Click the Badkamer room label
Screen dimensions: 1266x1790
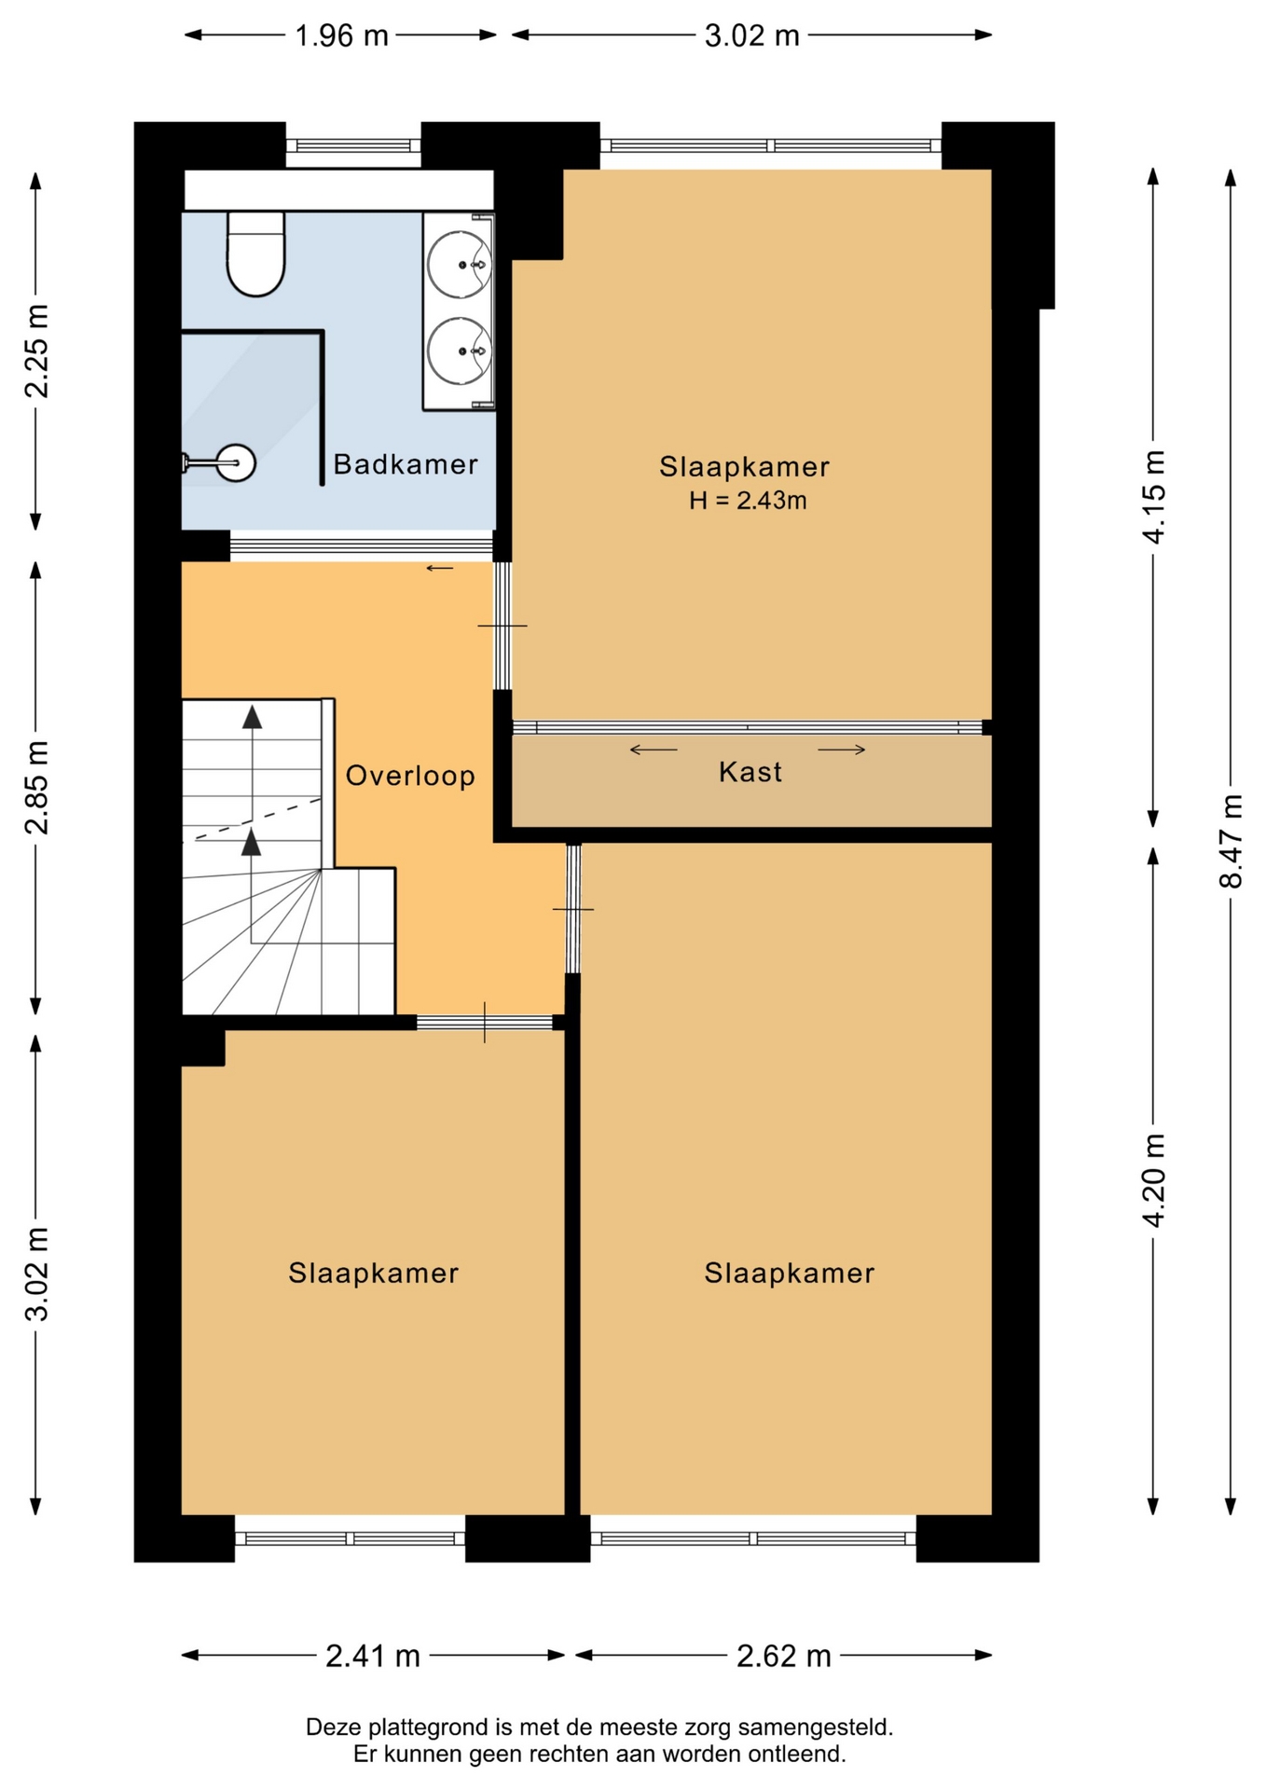pyautogui.click(x=406, y=463)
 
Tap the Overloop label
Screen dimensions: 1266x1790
pyautogui.click(x=410, y=776)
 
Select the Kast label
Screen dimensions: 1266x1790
pyautogui.click(x=750, y=772)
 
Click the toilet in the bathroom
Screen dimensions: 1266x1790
pyautogui.click(x=255, y=254)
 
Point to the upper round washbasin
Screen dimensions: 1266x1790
pyautogui.click(x=460, y=264)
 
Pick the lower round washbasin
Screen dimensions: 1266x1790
pyautogui.click(x=460, y=351)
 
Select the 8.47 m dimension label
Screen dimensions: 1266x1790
pyautogui.click(x=1231, y=841)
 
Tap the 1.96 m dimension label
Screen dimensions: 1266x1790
pyautogui.click(x=341, y=35)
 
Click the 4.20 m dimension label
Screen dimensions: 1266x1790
pyautogui.click(x=1153, y=1180)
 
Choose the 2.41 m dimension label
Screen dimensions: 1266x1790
pyautogui.click(x=373, y=1656)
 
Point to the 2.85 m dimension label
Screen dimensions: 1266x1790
pyautogui.click(x=36, y=788)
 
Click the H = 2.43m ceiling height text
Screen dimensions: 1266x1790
pyautogui.click(x=748, y=501)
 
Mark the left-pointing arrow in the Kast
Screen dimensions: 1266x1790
pyautogui.click(x=654, y=750)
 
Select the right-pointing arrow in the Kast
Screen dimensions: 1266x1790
pyautogui.click(x=842, y=750)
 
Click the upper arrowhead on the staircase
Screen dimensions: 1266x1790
pyautogui.click(x=252, y=717)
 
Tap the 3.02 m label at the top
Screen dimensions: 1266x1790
pyautogui.click(x=751, y=35)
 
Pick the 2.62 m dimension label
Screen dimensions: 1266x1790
pyautogui.click(x=783, y=1656)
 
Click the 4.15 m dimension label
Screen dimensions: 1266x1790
pyautogui.click(x=1153, y=497)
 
